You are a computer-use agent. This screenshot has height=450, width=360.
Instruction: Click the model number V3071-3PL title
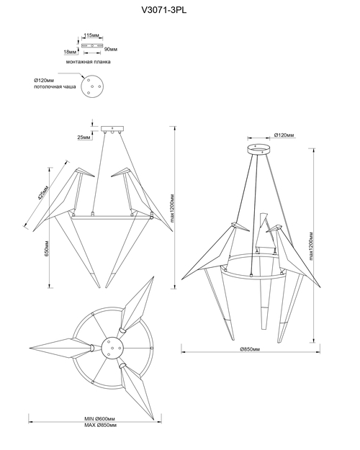click(164, 10)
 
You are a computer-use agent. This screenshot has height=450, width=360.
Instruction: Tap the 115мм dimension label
click(91, 35)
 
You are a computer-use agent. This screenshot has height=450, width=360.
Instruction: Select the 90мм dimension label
click(111, 49)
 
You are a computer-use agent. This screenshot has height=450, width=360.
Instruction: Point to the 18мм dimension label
click(70, 52)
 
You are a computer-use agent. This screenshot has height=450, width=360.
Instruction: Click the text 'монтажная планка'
click(88, 62)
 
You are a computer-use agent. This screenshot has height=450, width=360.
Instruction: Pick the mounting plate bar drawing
click(92, 45)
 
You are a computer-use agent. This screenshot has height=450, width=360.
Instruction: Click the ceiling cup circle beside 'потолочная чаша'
click(92, 86)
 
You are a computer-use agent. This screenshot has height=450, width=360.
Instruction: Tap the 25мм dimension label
click(84, 138)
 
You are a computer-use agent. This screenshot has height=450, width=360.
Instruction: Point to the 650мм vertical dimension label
click(47, 248)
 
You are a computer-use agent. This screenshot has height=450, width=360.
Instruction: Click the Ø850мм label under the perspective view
click(250, 349)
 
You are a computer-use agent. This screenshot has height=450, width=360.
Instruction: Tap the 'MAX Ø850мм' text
click(101, 425)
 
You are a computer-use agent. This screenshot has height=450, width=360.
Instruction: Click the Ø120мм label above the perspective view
click(284, 135)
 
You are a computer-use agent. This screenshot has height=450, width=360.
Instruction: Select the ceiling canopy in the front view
click(113, 129)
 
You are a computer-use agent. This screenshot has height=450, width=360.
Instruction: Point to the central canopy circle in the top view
click(113, 348)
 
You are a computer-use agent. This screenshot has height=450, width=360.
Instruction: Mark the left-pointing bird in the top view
click(62, 348)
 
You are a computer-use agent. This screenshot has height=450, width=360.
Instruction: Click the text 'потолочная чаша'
click(55, 86)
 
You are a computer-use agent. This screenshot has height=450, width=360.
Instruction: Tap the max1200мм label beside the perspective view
click(312, 246)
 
